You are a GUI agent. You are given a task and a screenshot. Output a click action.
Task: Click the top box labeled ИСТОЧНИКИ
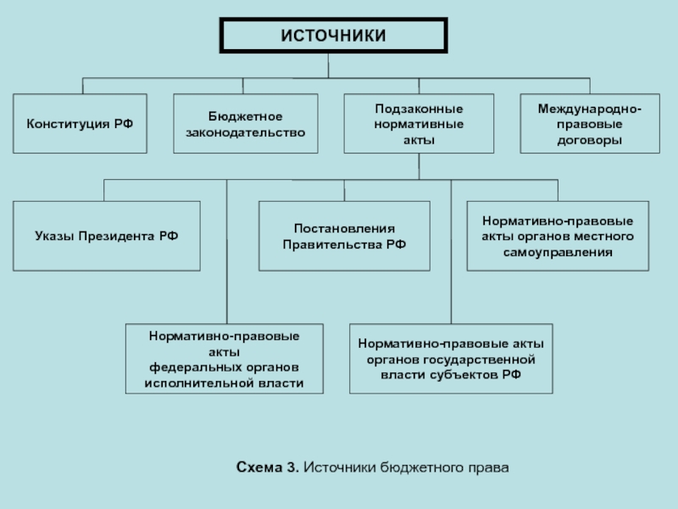333,36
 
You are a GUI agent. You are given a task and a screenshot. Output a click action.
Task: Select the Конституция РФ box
80,123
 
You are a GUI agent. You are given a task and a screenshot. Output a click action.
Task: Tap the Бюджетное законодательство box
246,123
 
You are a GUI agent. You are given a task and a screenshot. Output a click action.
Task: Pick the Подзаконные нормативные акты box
419,123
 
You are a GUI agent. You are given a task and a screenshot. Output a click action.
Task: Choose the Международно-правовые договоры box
590,123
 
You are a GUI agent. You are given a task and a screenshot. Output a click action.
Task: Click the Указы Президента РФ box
107,236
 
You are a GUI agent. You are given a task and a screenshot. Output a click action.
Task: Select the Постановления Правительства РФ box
344,236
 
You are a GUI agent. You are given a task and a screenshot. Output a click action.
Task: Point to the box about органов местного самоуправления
558,236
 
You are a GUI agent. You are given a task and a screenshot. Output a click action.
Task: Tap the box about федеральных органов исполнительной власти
225,359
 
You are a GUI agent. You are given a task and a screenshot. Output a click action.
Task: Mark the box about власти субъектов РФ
451,359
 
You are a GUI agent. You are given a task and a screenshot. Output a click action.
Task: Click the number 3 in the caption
292,467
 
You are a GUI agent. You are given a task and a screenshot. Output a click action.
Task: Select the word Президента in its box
117,237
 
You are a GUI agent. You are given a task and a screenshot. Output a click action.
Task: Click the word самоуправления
558,252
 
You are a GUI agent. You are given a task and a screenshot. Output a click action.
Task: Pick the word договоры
590,140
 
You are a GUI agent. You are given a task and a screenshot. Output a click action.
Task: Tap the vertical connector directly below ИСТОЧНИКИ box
328,66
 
